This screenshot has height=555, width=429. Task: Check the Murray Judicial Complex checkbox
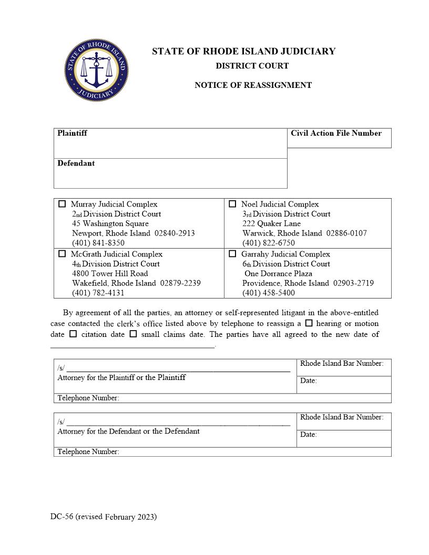click(x=63, y=204)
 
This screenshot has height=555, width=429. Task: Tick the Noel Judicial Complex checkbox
click(x=232, y=204)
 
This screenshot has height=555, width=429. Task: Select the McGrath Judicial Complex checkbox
click(x=63, y=254)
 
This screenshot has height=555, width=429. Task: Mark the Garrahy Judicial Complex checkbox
click(x=232, y=254)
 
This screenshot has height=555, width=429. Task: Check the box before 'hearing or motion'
click(x=309, y=323)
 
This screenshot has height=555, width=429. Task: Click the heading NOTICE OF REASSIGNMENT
click(x=253, y=85)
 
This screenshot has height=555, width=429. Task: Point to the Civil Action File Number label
click(x=336, y=133)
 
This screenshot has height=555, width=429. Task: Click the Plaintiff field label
click(x=72, y=133)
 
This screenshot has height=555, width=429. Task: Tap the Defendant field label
click(x=76, y=163)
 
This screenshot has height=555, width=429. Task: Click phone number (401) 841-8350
click(x=98, y=243)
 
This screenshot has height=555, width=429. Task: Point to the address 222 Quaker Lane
click(x=271, y=223)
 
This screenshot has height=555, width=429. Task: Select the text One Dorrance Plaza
click(x=278, y=273)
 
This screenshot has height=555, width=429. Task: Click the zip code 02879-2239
click(x=180, y=283)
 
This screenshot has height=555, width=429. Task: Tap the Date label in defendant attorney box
click(x=308, y=435)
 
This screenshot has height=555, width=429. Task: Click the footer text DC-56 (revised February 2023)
click(x=104, y=517)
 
